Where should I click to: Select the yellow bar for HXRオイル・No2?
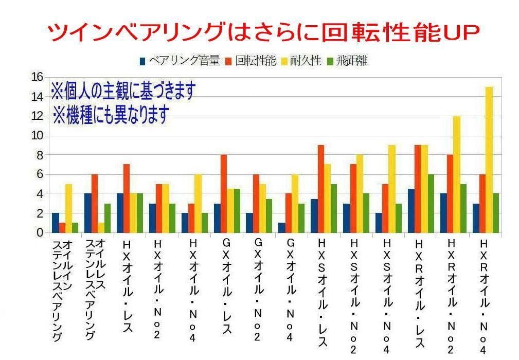pos(457,174)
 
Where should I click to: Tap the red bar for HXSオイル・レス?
pos(320,189)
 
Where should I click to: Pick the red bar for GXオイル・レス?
pos(223,193)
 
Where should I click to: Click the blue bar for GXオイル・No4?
pos(281,227)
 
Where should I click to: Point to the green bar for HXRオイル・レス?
pos(431,203)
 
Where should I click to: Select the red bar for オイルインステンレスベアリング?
pos(62,227)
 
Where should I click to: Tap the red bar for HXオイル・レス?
pos(127,199)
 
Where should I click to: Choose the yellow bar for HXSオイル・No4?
pos(392,189)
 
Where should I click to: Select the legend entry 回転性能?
pos(251,61)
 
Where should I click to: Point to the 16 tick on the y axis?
pos(37,77)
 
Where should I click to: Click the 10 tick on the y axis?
pos(37,136)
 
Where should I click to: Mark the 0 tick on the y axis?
pos(40,232)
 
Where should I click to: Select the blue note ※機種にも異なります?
pos(111,114)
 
